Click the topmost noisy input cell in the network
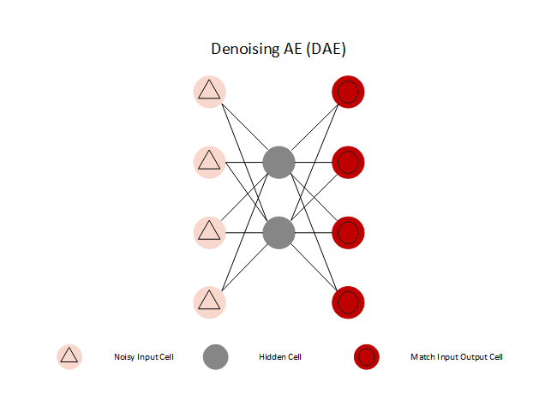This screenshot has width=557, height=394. point(209,91)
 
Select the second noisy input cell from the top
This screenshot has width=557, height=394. point(209,161)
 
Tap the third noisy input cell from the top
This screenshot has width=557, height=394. point(209,231)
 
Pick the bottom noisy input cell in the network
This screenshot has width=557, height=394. point(209,301)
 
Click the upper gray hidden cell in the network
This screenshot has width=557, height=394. point(278,162)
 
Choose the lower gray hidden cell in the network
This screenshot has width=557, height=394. point(278,232)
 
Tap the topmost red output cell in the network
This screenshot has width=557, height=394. point(349,92)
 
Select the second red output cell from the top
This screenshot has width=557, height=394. point(349,162)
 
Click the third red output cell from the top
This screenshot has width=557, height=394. point(349,232)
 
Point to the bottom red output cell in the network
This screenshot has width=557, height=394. point(349,302)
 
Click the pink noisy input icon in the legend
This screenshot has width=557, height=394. point(69,356)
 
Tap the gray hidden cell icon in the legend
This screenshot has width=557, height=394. point(216,356)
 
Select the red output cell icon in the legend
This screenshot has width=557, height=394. point(368,356)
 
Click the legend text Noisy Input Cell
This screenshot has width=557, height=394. point(144,356)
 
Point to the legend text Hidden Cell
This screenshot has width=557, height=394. point(279,356)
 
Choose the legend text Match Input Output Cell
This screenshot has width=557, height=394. point(456,356)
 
